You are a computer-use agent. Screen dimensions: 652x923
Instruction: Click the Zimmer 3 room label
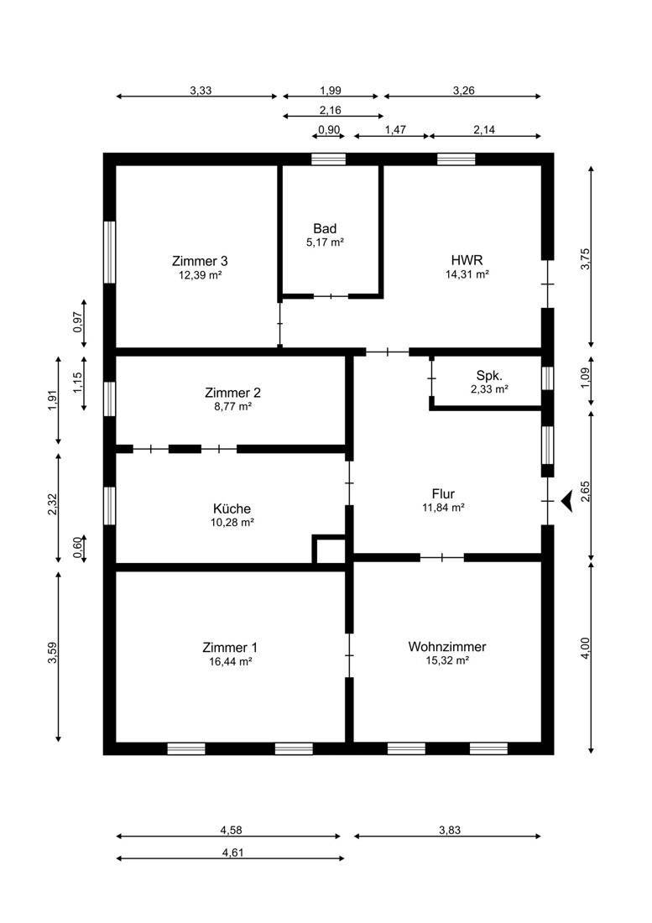[x=200, y=261]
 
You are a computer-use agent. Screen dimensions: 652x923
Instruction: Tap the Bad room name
[x=325, y=228]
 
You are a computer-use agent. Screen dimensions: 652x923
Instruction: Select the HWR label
[x=467, y=259]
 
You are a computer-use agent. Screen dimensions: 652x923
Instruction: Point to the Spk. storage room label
[x=489, y=376]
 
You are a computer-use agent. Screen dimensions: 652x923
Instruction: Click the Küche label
[x=232, y=508]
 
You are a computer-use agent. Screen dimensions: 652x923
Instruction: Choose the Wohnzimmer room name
[x=447, y=646]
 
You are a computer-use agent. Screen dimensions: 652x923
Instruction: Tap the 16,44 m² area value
[x=230, y=661]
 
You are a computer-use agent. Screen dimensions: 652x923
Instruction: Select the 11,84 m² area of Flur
[x=443, y=507]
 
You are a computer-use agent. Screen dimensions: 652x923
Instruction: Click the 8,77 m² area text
[x=232, y=405]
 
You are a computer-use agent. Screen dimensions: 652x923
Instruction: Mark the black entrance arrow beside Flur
[x=566, y=501]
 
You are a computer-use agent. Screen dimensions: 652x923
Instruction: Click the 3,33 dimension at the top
[x=201, y=91]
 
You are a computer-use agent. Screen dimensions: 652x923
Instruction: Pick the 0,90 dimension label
[x=329, y=130]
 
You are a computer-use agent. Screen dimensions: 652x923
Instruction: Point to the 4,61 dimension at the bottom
[x=232, y=853]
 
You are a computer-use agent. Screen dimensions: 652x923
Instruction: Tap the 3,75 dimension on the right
[x=585, y=259]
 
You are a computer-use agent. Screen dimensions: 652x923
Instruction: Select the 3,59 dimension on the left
[x=52, y=654]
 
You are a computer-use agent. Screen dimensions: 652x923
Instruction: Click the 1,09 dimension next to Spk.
[x=585, y=378]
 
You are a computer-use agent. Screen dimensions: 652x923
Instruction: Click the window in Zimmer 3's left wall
[x=109, y=252]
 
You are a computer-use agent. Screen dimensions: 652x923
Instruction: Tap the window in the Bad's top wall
[x=328, y=159]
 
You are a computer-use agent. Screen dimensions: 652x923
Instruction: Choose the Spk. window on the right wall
[x=547, y=378]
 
